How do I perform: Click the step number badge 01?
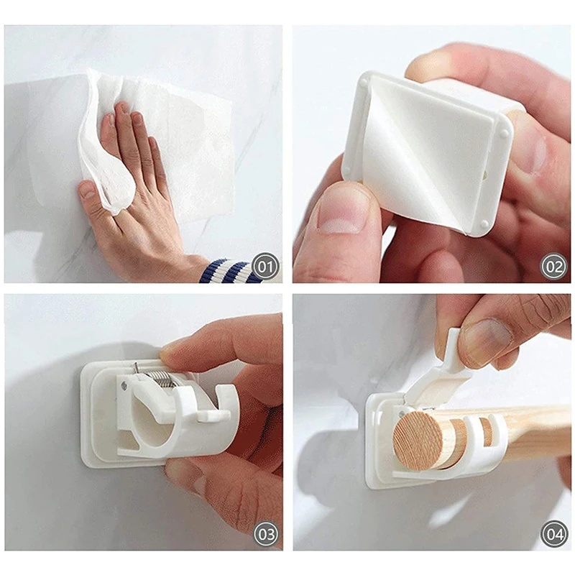[x=265, y=266]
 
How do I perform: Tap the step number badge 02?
[x=553, y=266]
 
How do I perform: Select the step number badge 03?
[x=265, y=534]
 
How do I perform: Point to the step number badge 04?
[x=553, y=534]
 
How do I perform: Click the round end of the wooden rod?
[x=418, y=441]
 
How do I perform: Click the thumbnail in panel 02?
[x=339, y=216]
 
